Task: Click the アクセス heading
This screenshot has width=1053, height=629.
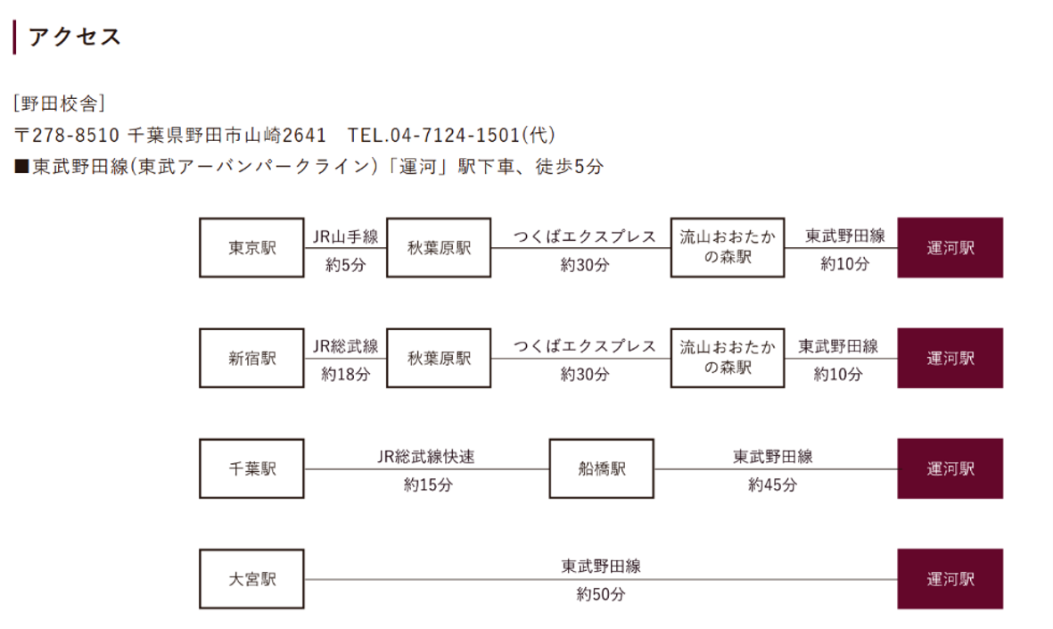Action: tap(75, 37)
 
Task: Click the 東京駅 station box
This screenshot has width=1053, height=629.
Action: tap(251, 247)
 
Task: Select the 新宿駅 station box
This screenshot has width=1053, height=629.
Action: tap(251, 358)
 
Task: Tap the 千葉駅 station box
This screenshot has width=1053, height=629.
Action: tap(251, 468)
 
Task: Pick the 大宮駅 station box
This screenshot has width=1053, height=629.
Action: tap(251, 579)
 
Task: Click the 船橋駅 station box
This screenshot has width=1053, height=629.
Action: tap(602, 468)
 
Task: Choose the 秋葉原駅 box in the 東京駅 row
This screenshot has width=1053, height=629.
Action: tap(440, 247)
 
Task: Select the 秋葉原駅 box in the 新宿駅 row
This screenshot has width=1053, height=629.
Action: tap(440, 358)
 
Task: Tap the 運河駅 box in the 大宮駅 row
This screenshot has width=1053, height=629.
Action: tap(950, 579)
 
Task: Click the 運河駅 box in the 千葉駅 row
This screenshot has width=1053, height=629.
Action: tap(950, 468)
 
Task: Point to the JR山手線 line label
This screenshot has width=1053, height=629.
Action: tap(346, 236)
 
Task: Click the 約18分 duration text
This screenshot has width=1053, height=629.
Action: tap(346, 375)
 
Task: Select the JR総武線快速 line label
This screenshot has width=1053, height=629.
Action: tap(426, 457)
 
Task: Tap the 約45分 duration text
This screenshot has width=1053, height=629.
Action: tap(773, 484)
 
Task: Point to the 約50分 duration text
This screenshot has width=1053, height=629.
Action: tap(601, 595)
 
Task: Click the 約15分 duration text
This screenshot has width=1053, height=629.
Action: tap(429, 484)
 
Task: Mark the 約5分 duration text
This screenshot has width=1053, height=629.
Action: tap(346, 265)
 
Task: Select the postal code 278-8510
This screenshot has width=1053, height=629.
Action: tap(75, 135)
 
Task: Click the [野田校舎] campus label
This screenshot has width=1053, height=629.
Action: tap(60, 103)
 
